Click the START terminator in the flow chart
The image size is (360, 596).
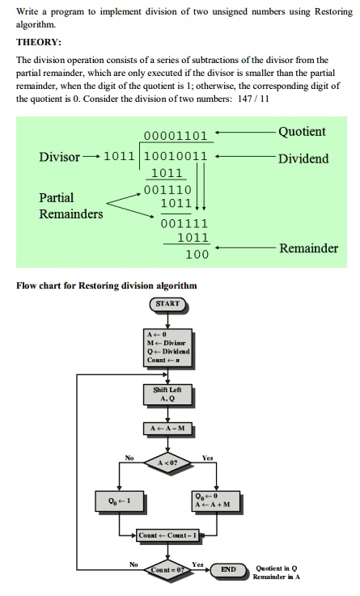point(167,304)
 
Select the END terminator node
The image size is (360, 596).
point(228,569)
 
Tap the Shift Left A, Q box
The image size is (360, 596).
point(167,394)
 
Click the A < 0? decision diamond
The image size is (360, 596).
point(167,463)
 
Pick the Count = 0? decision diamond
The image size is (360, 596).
point(167,569)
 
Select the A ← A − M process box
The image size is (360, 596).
point(167,429)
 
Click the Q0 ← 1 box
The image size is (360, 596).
point(120,501)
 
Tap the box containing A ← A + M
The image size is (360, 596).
point(216,501)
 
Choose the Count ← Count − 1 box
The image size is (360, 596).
point(167,535)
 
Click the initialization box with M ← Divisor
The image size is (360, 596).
point(167,348)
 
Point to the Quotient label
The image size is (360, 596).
point(302,132)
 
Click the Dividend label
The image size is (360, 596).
point(303,159)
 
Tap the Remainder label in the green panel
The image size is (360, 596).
point(309,248)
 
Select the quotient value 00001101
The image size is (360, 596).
point(176,136)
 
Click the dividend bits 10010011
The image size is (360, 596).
point(176,156)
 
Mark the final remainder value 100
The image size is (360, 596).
point(197,254)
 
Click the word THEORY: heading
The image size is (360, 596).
point(38,42)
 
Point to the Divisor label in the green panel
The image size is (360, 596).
point(59,157)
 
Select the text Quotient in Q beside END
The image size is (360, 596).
point(277,569)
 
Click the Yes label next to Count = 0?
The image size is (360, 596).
point(197,564)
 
